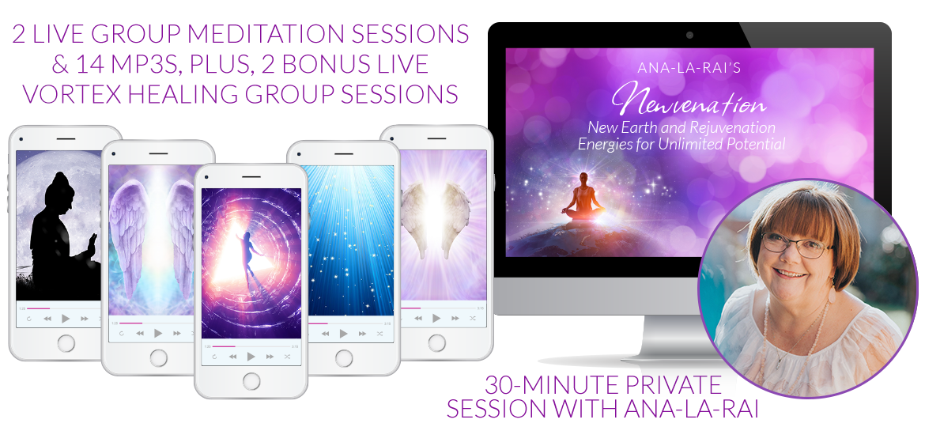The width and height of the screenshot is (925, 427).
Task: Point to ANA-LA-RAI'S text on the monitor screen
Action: click(x=689, y=69)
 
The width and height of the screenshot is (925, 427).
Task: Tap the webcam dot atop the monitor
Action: click(x=689, y=36)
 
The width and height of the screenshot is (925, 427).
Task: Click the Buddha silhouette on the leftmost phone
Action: click(x=59, y=236)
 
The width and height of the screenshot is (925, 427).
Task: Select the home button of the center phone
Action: click(x=251, y=381)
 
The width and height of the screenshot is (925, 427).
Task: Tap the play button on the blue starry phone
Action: click(x=343, y=334)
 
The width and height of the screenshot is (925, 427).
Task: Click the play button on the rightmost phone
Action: click(x=436, y=319)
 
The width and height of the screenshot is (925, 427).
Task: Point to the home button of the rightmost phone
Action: click(x=436, y=342)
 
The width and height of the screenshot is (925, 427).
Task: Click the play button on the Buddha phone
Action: click(x=66, y=319)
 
